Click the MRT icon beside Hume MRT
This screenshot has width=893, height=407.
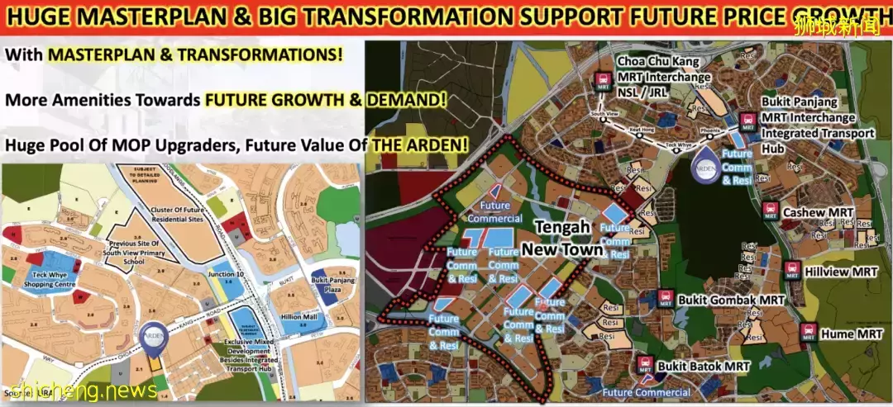[x=809, y=334]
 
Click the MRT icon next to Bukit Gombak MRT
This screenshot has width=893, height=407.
[x=665, y=300]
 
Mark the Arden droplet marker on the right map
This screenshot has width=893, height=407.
[x=704, y=162]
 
